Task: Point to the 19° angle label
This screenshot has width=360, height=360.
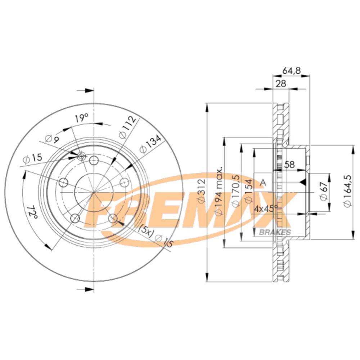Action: click(81, 117)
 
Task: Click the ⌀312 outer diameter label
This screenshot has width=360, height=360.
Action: click(202, 191)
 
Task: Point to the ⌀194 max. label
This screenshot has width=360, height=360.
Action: click(219, 191)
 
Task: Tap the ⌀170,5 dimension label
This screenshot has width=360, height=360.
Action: click(235, 191)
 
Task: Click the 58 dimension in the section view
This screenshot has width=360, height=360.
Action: click(289, 165)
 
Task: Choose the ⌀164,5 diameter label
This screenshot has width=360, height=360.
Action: click(348, 191)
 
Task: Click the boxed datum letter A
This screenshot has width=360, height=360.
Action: click(263, 183)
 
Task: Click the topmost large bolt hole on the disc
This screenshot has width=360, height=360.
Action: click(94, 160)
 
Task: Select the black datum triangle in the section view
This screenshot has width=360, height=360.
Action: click(303, 183)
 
